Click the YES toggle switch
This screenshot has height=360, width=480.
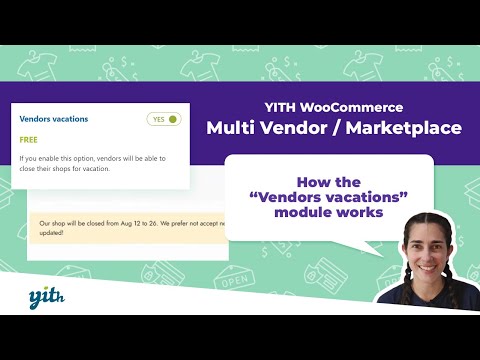(164, 119)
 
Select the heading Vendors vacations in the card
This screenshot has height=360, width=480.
(54, 119)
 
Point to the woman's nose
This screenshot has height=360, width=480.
(426, 251)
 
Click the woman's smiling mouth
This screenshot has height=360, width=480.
(427, 263)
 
